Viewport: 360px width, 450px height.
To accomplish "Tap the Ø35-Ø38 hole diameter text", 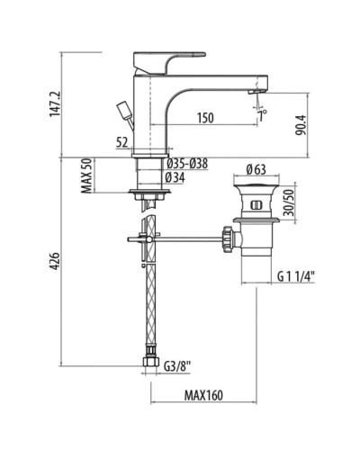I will (189, 163).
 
